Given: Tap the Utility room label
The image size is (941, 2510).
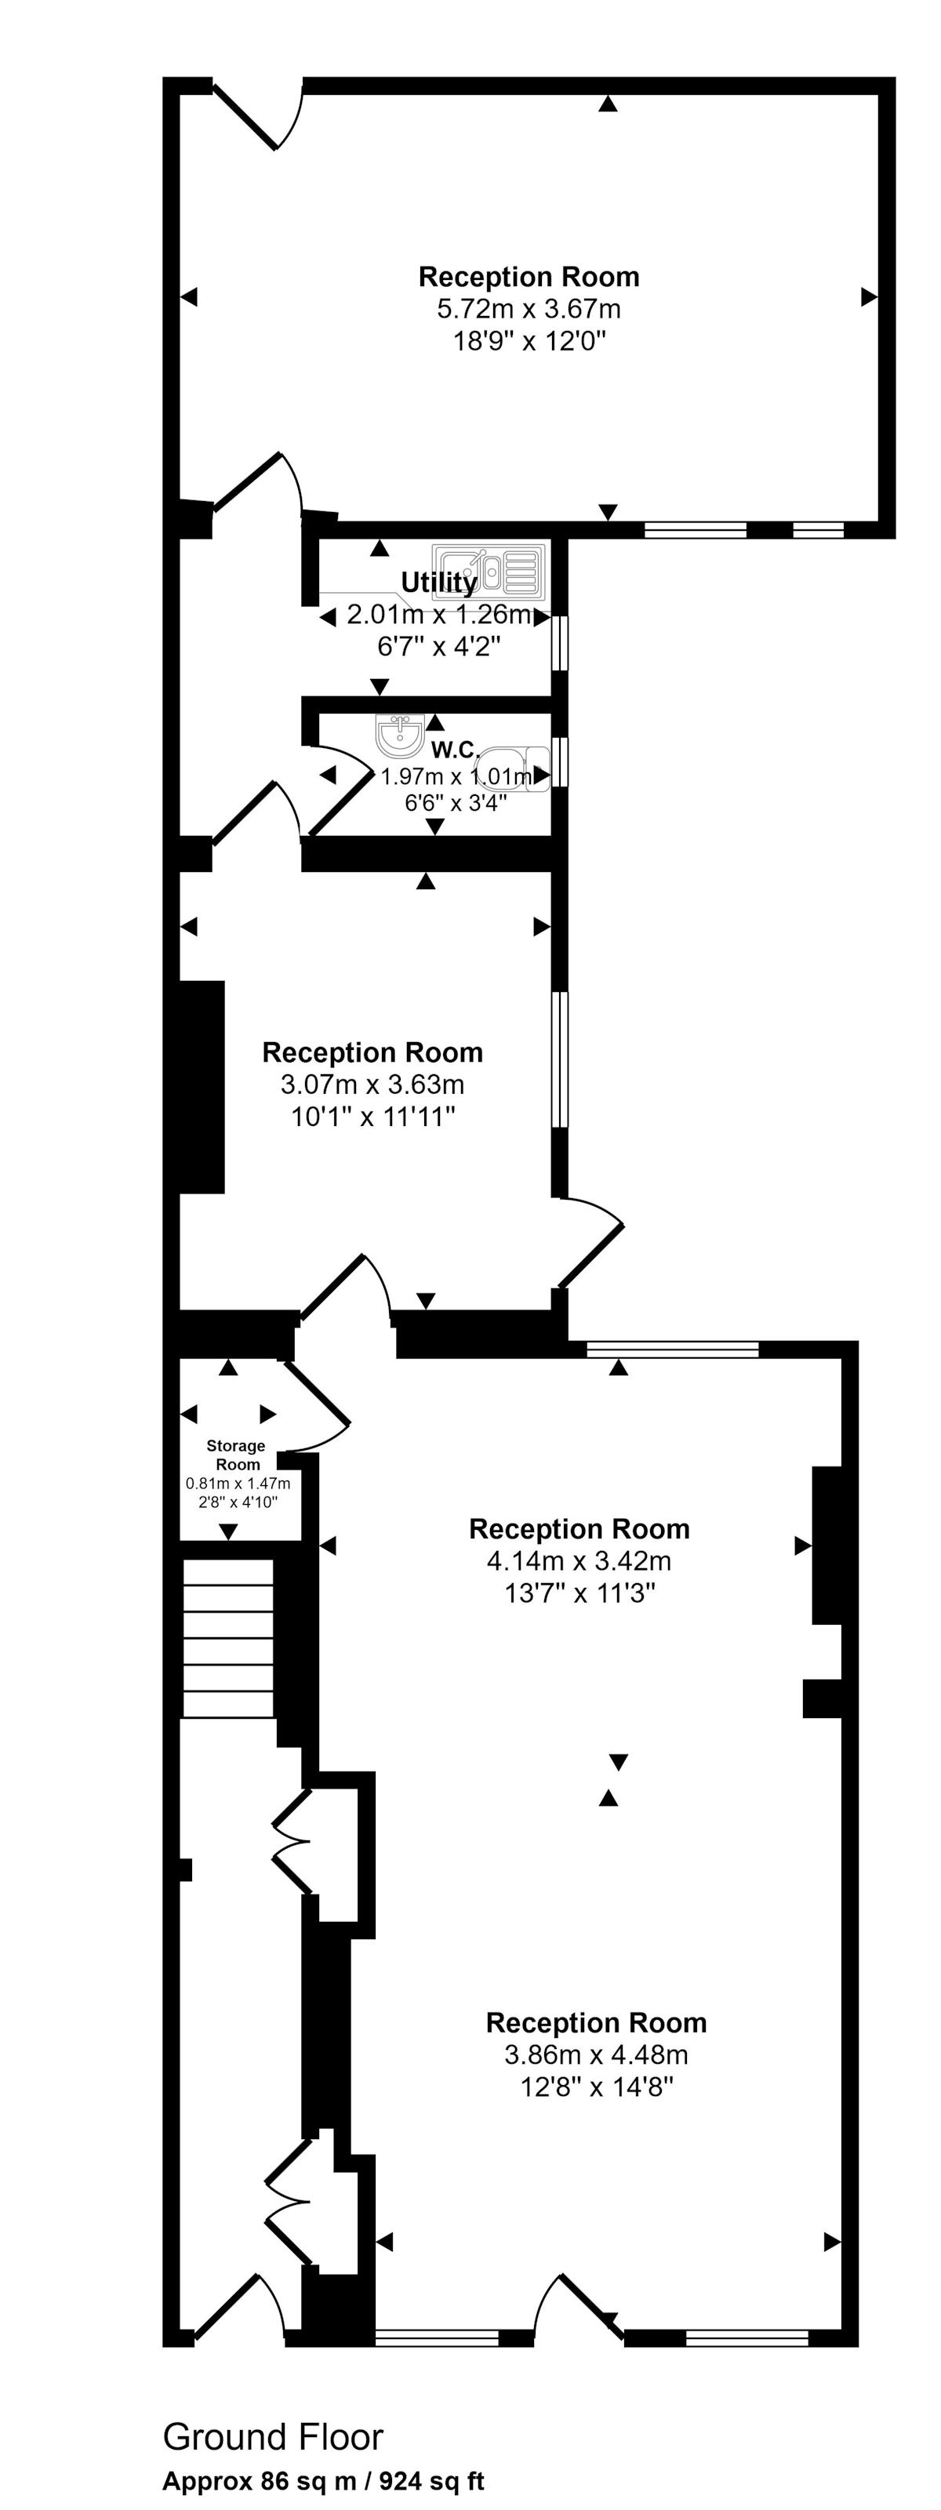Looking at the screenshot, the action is click(x=439, y=583).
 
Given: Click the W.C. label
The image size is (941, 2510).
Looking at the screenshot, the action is click(x=455, y=750).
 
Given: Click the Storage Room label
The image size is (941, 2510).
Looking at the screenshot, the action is click(x=236, y=1455).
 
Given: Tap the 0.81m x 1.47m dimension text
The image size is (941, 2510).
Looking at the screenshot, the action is click(x=238, y=1483).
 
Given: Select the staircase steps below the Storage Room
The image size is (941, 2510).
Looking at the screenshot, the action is click(x=228, y=1637).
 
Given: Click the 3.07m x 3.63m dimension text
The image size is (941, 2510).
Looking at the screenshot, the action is click(x=372, y=1084).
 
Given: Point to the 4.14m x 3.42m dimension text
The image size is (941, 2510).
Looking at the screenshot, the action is click(x=579, y=1561).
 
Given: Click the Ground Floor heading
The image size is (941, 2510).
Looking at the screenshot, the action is click(x=273, y=2436).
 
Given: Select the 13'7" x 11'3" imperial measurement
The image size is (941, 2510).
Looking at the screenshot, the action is click(x=580, y=1593).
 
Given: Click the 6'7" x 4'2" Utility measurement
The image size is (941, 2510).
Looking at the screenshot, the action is click(x=439, y=646).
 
